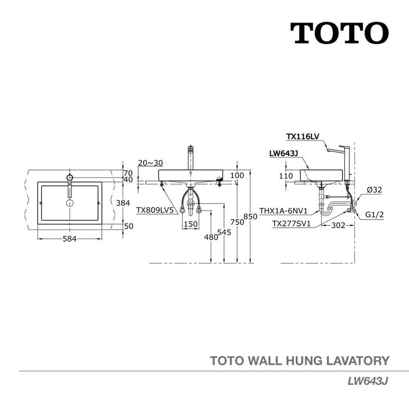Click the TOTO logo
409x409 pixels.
point(339,33)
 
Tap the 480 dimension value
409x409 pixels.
point(211,237)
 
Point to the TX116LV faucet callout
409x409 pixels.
point(303,136)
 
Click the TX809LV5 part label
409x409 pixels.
point(157,210)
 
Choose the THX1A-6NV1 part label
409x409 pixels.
point(283,211)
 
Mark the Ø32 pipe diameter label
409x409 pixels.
point(374,190)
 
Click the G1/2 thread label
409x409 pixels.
point(374,215)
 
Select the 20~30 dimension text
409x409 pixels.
point(149,162)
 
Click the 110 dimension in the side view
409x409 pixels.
point(286,176)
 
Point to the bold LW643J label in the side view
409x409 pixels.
point(283,153)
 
